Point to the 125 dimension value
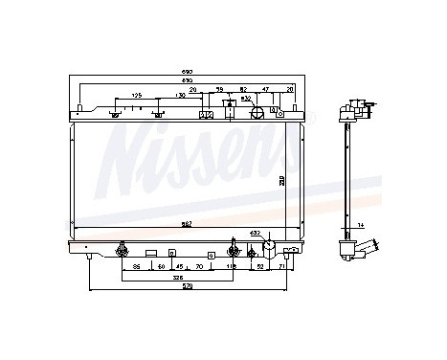pyautogui.click(x=137, y=97)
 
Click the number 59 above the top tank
pyautogui.click(x=219, y=89)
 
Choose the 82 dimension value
pyautogui.click(x=244, y=89)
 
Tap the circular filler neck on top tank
pyautogui.click(x=257, y=112)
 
